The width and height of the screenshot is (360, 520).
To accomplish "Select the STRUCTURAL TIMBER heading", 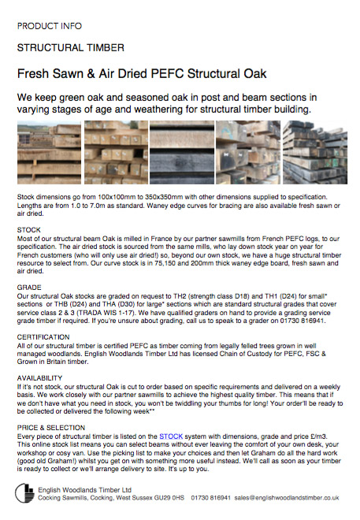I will [x=60, y=48].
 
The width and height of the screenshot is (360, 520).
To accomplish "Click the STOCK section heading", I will [x=29, y=229].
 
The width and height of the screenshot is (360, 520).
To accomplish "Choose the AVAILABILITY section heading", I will [x=43, y=378].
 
